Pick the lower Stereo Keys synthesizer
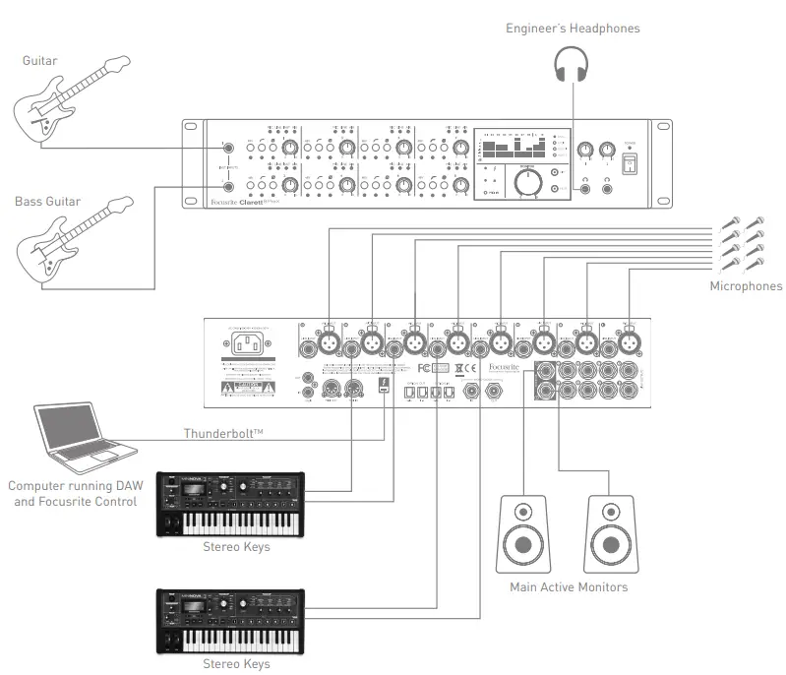point(231,622)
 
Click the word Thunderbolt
point(220,434)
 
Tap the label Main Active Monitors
point(568,587)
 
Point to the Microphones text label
point(746,286)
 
